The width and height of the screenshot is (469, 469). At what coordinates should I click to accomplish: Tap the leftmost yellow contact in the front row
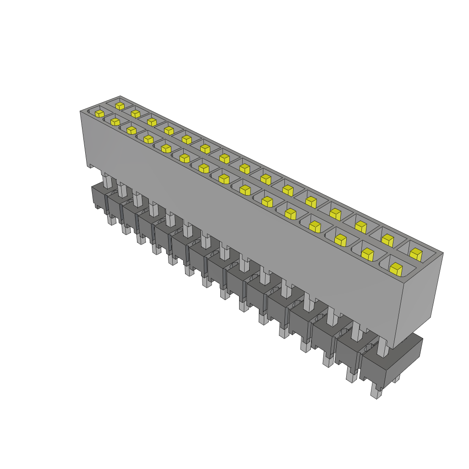click(x=99, y=113)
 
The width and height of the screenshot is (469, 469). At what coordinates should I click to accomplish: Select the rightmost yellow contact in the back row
click(x=416, y=254)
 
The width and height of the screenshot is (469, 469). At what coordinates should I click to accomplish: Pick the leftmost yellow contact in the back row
click(x=120, y=106)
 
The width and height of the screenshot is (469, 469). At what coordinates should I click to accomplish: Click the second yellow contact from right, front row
click(x=367, y=254)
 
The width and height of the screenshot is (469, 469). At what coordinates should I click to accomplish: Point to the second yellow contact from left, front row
click(x=115, y=121)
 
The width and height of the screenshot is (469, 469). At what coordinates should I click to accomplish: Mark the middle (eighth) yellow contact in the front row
click(x=224, y=178)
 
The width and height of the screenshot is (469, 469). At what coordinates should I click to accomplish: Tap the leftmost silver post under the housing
click(x=107, y=180)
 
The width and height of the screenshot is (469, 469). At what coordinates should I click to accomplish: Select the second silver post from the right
click(x=357, y=332)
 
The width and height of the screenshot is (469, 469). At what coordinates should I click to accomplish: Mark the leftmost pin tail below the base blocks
click(x=111, y=220)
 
